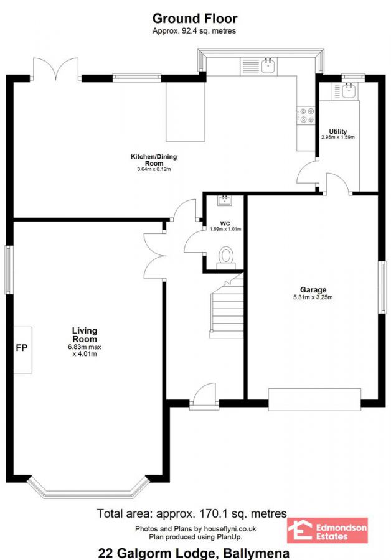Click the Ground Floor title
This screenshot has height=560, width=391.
pos(194,19)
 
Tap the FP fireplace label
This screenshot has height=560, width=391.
pos(21,347)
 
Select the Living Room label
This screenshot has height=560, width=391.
pos(84,335)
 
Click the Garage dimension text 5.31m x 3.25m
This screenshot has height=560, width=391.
pos(313,297)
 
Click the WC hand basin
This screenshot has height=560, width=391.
pos(224,200)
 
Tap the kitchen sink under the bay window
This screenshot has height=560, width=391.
pos(269,65)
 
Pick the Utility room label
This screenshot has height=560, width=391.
pos(338,132)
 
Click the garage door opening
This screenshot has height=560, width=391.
pos(314,398)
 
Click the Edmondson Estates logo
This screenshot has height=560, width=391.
pos(327,530)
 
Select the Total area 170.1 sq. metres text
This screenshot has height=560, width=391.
pos(192,513)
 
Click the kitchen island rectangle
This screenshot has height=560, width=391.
pos(185,111)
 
